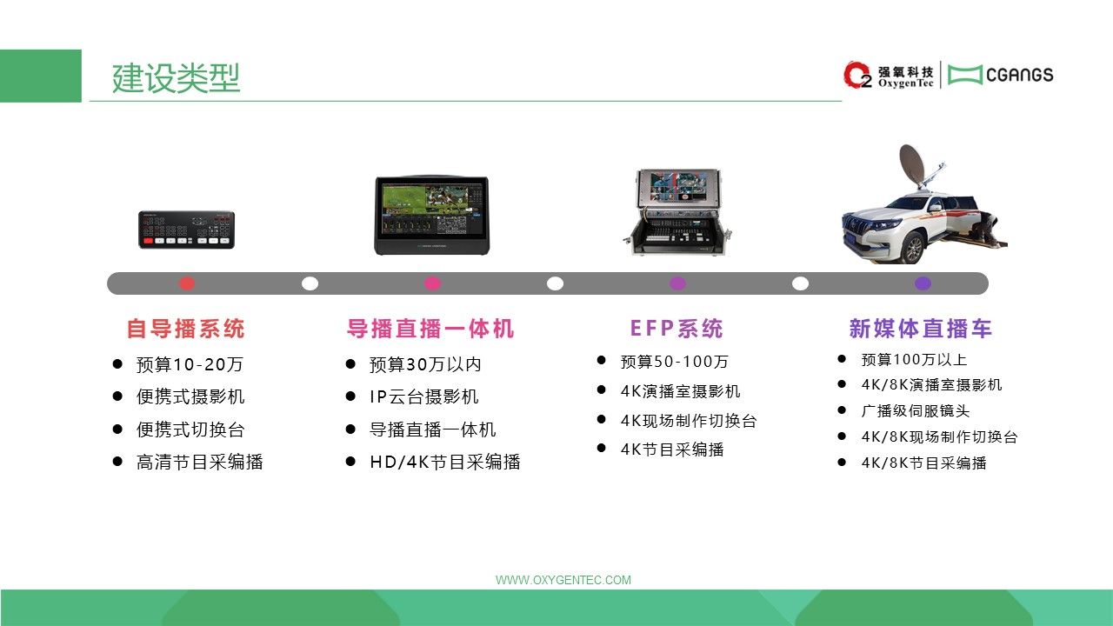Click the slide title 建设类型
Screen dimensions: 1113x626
click(x=176, y=78)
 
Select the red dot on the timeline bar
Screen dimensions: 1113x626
click(x=187, y=283)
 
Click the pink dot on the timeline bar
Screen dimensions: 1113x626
click(x=432, y=283)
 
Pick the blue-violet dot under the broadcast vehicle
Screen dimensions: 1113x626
click(x=923, y=283)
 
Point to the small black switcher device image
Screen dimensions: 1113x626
click(x=186, y=230)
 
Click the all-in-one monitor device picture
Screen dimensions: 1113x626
click(x=432, y=215)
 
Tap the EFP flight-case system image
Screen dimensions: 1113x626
click(x=676, y=211)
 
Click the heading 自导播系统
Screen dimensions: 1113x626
click(x=186, y=329)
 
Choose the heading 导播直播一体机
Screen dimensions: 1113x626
click(x=430, y=329)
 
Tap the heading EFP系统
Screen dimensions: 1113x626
click(x=676, y=329)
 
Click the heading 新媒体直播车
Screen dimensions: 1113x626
click(x=921, y=329)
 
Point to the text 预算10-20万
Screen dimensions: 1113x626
click(x=190, y=364)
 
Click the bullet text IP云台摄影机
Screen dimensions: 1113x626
click(x=423, y=397)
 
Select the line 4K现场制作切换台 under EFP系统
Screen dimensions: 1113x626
click(x=689, y=421)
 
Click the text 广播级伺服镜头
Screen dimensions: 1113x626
click(x=916, y=411)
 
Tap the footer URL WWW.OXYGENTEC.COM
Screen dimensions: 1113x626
click(x=563, y=580)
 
